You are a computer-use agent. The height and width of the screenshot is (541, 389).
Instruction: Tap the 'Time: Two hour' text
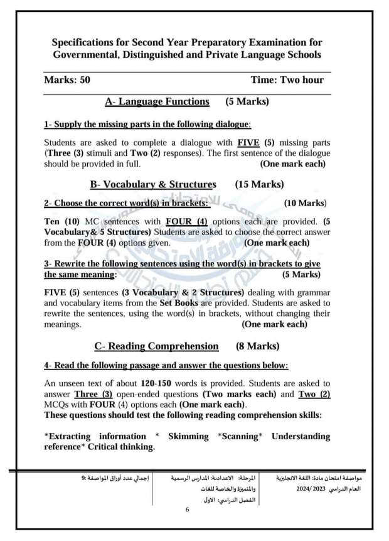tap(287, 80)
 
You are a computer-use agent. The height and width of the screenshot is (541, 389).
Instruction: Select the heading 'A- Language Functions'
tap(157, 101)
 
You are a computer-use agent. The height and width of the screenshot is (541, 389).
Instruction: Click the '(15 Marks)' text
tap(259, 185)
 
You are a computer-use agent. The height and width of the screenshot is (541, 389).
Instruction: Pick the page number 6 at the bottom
tap(187, 510)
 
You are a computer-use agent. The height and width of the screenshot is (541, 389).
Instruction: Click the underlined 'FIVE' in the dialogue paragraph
tap(249, 142)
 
